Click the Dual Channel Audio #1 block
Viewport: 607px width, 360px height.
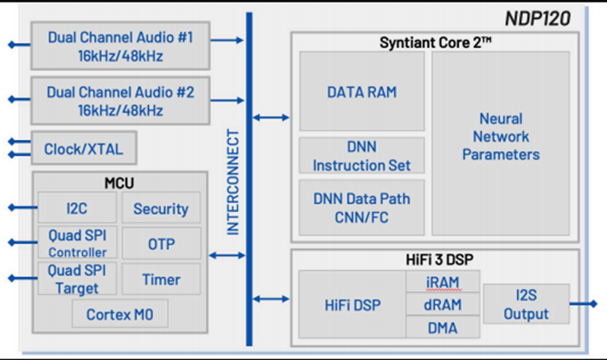(x=120, y=45)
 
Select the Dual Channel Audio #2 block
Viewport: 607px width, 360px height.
(x=120, y=101)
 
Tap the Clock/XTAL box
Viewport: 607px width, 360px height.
(x=84, y=149)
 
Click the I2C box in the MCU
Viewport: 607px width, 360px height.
(x=77, y=208)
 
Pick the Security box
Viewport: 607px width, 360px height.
(x=160, y=208)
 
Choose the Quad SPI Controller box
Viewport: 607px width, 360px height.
(x=77, y=243)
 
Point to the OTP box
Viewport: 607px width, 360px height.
(x=160, y=243)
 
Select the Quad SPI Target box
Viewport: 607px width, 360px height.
(x=77, y=279)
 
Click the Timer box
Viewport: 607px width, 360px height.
(x=160, y=279)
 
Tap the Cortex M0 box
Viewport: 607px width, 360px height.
(x=120, y=315)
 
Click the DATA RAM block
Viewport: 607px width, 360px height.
(x=361, y=92)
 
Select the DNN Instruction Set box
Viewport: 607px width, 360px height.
(x=361, y=156)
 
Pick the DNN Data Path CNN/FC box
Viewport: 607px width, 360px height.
(x=361, y=208)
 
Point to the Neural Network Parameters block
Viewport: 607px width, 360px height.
(x=501, y=136)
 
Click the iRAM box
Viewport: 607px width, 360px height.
(x=443, y=281)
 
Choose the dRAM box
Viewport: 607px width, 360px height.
(x=443, y=305)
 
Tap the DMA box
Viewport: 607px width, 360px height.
(x=443, y=327)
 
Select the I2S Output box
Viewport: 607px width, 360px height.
(x=525, y=305)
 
